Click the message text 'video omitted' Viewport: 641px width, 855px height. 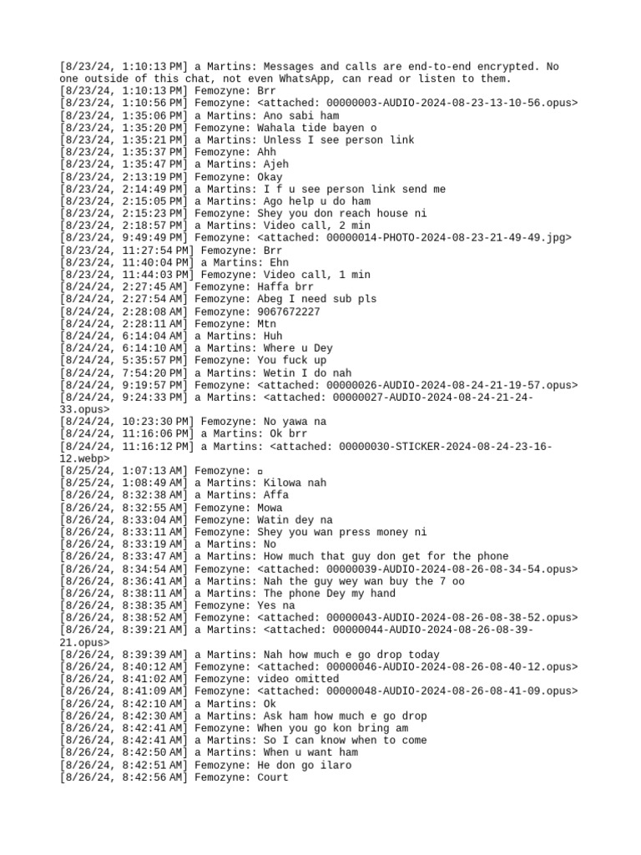pyautogui.click(x=294, y=679)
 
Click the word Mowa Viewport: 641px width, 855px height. pyautogui.click(x=270, y=508)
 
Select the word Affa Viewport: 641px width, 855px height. pyautogui.click(x=275, y=495)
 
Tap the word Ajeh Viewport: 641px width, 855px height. pyautogui.click(x=275, y=164)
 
